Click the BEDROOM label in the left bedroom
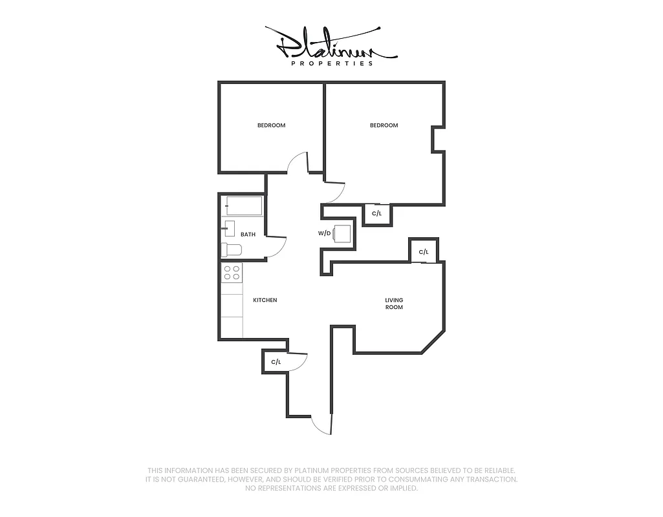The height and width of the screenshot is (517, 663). click(271, 125)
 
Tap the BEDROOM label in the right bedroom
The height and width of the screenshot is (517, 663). click(384, 125)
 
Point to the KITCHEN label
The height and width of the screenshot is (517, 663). click(265, 300)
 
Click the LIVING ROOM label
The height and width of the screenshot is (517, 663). click(394, 304)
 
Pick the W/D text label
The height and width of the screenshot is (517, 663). click(324, 233)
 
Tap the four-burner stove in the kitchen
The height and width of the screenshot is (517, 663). click(232, 273)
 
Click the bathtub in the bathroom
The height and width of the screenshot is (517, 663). click(243, 206)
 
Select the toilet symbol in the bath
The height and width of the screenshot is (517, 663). click(231, 249)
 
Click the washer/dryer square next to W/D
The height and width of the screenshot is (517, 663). click(343, 233)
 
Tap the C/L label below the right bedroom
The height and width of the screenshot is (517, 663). click(377, 213)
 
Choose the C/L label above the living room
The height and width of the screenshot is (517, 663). click(424, 251)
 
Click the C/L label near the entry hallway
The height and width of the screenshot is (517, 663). click(276, 362)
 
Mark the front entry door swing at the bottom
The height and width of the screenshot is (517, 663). click(321, 425)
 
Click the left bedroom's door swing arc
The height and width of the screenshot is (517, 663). click(297, 162)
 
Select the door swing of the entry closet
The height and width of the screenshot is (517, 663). click(298, 363)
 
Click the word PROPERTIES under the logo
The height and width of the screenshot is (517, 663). click(332, 63)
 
